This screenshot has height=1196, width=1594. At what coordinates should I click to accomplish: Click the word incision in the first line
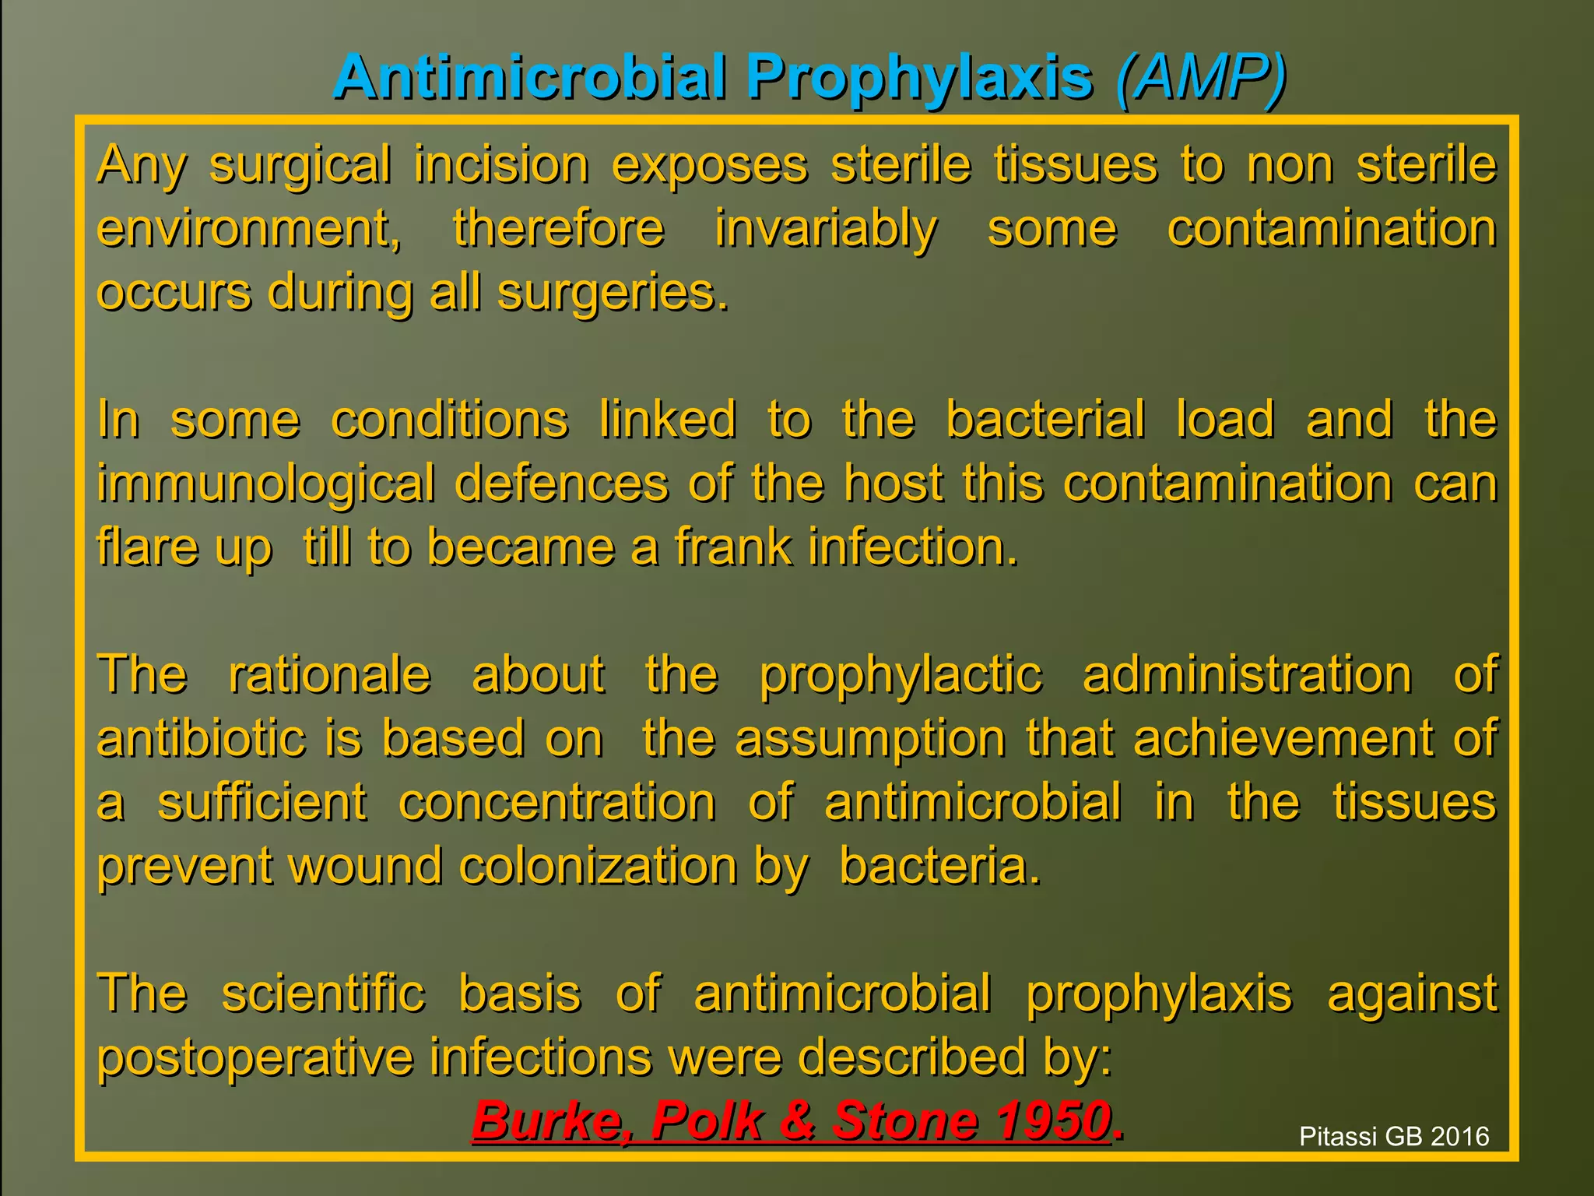[501, 165]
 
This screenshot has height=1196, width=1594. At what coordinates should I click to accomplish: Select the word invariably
[826, 229]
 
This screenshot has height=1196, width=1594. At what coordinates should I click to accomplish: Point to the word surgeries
[613, 293]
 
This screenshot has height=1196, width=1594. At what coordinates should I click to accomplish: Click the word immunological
[265, 484]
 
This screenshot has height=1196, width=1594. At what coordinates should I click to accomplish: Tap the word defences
[561, 484]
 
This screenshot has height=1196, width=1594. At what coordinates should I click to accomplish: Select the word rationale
[329, 674]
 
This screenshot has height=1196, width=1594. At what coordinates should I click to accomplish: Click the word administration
[1247, 674]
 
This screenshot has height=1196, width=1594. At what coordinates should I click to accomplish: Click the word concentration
[557, 802]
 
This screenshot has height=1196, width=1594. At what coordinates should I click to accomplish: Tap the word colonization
[597, 866]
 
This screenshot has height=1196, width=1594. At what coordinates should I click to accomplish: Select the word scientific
[323, 994]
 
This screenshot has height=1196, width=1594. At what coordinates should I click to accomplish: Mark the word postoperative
[255, 1057]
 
